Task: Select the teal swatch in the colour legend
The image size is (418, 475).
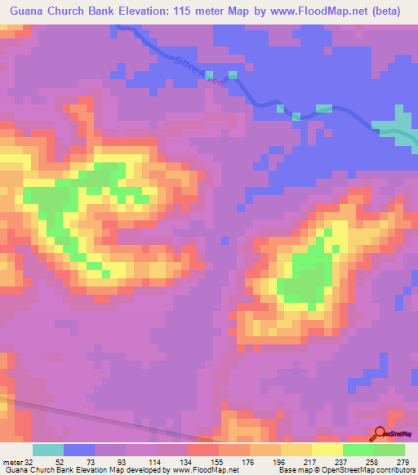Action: click(48, 450)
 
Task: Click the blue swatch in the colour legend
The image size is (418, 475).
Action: click(79, 450)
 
